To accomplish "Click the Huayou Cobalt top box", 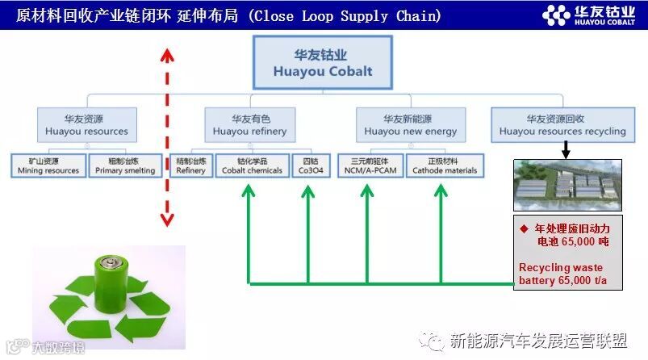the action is [x=323, y=63].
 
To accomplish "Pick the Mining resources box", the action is [x=48, y=165].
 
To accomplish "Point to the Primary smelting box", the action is [x=124, y=165].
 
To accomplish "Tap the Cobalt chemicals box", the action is [x=253, y=165].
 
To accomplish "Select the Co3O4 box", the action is [x=311, y=165].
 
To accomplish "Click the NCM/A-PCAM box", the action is [x=367, y=165].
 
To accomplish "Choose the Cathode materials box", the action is [x=445, y=165].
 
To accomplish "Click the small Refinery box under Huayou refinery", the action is [x=191, y=165].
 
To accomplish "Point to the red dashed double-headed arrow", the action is [x=166, y=137].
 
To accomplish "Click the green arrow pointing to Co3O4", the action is [x=309, y=234].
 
